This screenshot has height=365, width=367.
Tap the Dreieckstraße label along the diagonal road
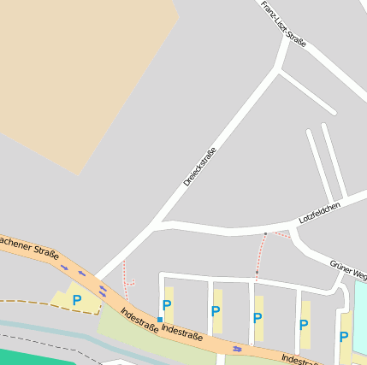[200, 167]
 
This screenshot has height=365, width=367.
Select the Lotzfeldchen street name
[319, 213]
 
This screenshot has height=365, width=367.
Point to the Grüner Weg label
[349, 269]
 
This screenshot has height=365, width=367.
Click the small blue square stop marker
[160, 320]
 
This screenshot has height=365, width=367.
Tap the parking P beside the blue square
[167, 305]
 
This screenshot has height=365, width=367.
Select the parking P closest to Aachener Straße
[76, 300]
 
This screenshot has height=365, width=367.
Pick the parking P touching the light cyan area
[344, 337]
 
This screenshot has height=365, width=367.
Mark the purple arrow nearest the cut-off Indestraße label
[237, 349]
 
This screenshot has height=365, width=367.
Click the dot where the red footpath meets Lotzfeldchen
[265, 233]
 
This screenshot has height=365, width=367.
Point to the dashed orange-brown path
[34, 303]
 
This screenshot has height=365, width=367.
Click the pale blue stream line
[51, 328]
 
